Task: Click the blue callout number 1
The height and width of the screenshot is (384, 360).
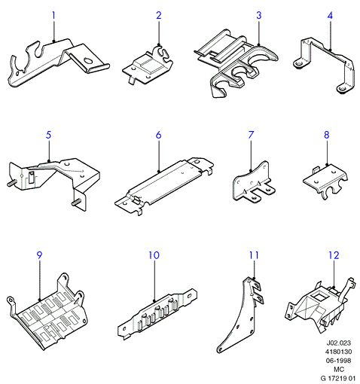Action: (x=53, y=16)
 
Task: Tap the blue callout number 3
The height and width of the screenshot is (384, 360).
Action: (x=259, y=15)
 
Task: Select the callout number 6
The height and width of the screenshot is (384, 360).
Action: (x=158, y=135)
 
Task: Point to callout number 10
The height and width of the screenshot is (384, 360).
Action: (x=154, y=255)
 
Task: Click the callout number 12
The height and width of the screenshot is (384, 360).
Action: (x=334, y=255)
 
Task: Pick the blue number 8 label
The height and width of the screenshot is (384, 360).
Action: (x=326, y=135)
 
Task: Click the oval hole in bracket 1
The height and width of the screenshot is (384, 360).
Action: (x=88, y=61)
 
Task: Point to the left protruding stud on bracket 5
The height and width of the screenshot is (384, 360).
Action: (x=11, y=184)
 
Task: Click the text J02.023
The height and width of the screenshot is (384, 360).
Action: (x=339, y=343)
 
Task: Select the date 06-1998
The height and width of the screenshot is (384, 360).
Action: (x=339, y=361)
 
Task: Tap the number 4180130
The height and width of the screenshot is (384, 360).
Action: (x=339, y=352)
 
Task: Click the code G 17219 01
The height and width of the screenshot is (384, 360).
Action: (x=338, y=378)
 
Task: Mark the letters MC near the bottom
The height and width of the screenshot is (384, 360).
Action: (x=339, y=370)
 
